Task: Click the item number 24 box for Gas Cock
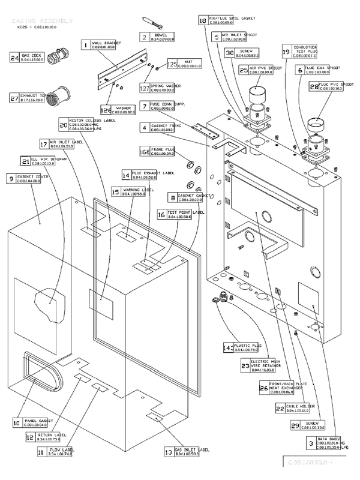(x=15, y=58)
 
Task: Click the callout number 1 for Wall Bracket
(x=86, y=44)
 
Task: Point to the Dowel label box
(x=163, y=37)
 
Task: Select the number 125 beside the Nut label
(x=173, y=64)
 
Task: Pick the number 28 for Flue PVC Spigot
(x=313, y=86)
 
